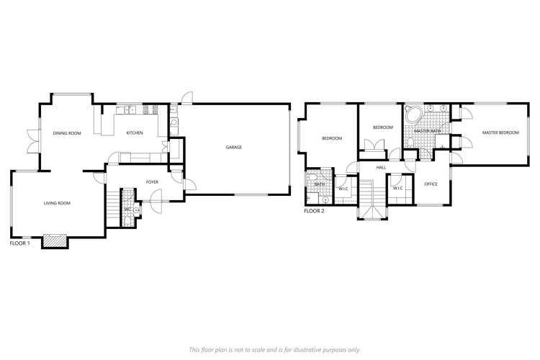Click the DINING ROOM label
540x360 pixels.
click(66, 133)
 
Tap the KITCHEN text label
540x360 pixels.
click(135, 133)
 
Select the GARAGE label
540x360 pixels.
click(233, 147)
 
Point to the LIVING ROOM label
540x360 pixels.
click(57, 204)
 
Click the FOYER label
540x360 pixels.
click(152, 182)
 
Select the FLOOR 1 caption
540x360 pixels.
click(19, 244)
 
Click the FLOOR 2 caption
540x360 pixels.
click(315, 212)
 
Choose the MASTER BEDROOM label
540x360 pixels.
click(500, 132)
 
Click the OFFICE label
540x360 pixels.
click(431, 184)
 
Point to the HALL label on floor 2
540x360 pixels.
click(381, 168)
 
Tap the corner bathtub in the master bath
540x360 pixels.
click(413, 116)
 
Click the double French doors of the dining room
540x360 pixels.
click(30, 140)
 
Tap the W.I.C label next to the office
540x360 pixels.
click(398, 188)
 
